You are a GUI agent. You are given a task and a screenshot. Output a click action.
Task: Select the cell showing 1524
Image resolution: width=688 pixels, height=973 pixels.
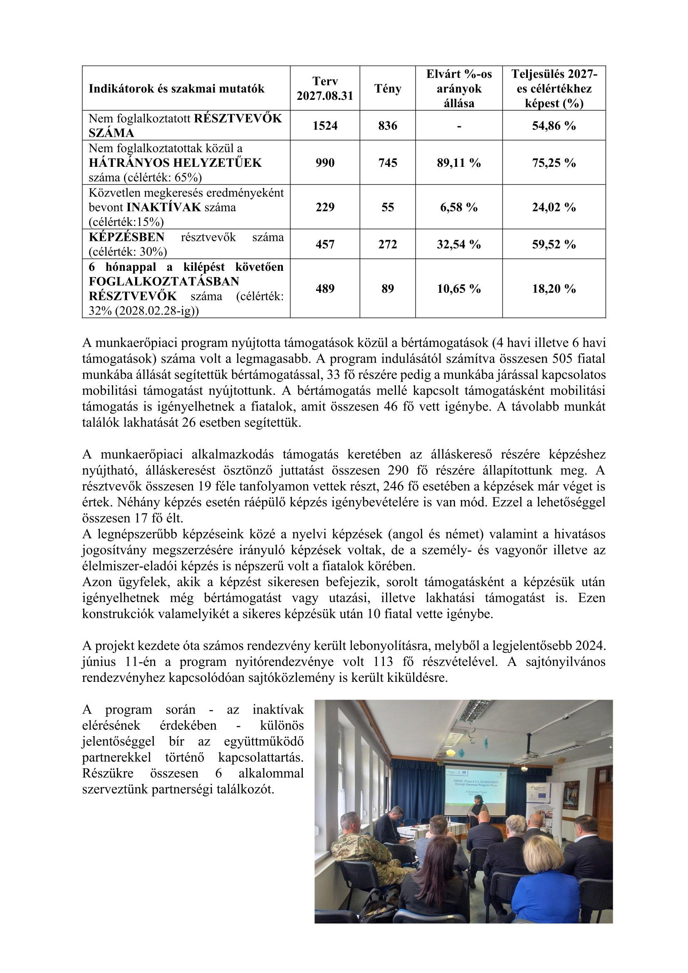(x=325, y=126)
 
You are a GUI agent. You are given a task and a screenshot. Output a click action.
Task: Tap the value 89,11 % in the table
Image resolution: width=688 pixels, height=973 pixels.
(x=459, y=163)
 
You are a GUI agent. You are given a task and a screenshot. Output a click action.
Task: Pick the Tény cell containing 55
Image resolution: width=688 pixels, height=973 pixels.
(x=387, y=207)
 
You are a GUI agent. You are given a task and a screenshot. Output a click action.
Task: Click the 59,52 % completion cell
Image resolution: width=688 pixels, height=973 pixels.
(x=554, y=245)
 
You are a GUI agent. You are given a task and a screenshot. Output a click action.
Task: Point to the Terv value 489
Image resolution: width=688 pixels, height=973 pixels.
(x=325, y=289)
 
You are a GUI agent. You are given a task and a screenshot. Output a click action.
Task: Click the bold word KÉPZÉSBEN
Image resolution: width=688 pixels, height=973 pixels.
(x=127, y=237)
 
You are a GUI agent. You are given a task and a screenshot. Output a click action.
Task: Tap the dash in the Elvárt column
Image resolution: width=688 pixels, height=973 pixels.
(x=459, y=126)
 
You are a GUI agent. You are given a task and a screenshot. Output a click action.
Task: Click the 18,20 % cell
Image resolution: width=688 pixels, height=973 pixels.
(x=554, y=289)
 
